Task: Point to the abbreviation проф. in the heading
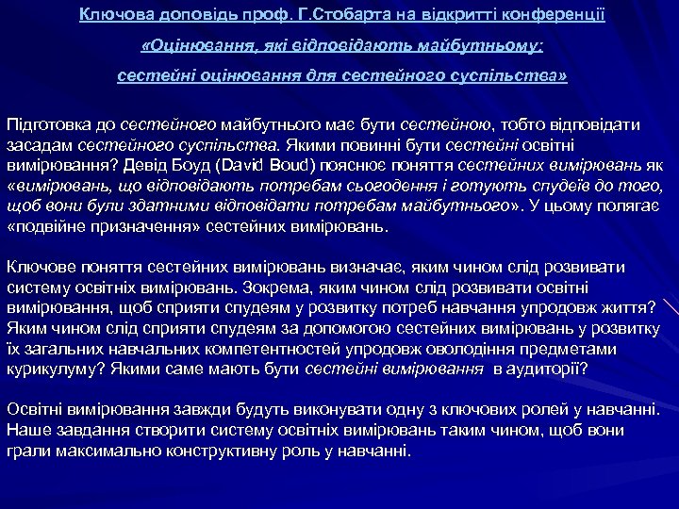click(x=245, y=14)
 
